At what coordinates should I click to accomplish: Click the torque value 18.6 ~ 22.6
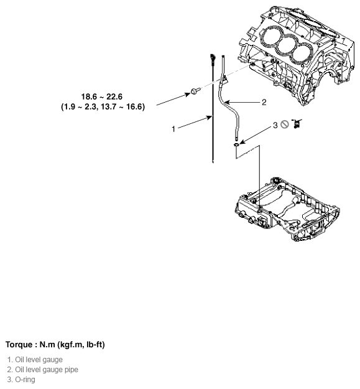101,96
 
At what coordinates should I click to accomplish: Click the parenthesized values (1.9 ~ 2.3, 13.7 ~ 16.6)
103,106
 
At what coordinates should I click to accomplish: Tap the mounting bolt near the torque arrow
195,91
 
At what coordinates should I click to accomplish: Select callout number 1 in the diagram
173,129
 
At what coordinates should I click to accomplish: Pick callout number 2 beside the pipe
264,102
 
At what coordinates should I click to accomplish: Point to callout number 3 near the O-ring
275,125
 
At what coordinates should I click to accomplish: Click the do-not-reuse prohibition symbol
285,124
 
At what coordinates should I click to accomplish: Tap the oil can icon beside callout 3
297,123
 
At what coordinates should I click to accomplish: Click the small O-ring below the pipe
237,144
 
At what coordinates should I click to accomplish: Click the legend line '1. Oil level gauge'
35,360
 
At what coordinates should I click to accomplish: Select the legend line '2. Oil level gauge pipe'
43,370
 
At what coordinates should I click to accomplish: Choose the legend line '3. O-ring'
21,380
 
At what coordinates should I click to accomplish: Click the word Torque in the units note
19,345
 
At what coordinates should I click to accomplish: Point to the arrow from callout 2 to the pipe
242,102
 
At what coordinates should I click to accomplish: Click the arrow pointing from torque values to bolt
173,99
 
